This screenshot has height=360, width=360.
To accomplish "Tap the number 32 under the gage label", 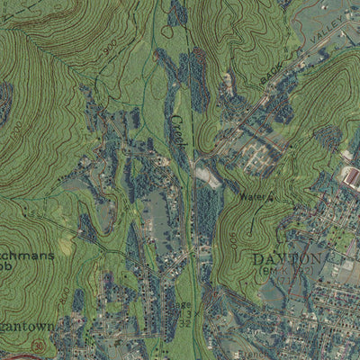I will click(x=184, y=322).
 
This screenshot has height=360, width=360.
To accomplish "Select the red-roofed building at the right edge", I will click(x=352, y=176).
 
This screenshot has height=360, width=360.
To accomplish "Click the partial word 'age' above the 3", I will click(x=182, y=304).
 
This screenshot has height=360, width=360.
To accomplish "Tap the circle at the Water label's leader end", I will click(x=271, y=196).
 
